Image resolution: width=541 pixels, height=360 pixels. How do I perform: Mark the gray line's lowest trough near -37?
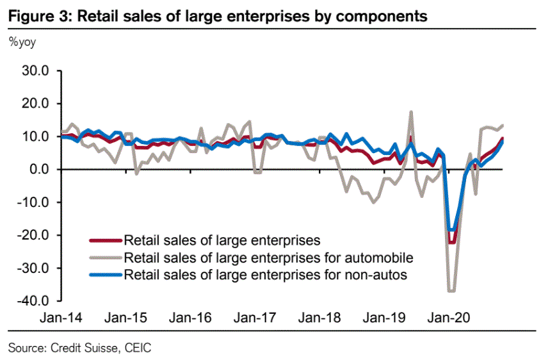coord(451,291)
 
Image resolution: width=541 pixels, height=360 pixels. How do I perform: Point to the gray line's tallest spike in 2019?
coord(410,112)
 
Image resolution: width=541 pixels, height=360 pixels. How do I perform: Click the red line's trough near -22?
coord(451,242)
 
